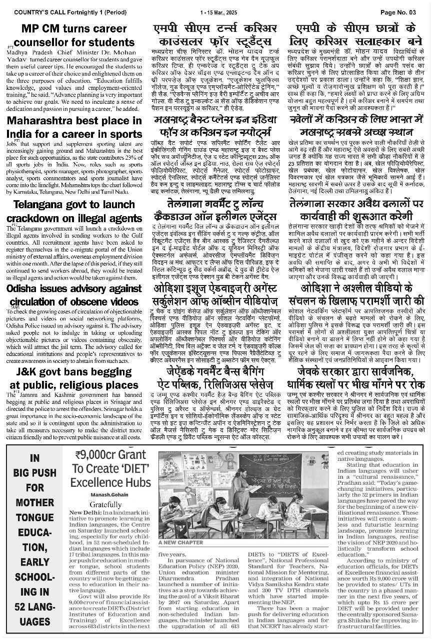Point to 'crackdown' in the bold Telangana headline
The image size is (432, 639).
click(39, 218)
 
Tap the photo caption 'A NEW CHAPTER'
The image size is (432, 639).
click(181, 542)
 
